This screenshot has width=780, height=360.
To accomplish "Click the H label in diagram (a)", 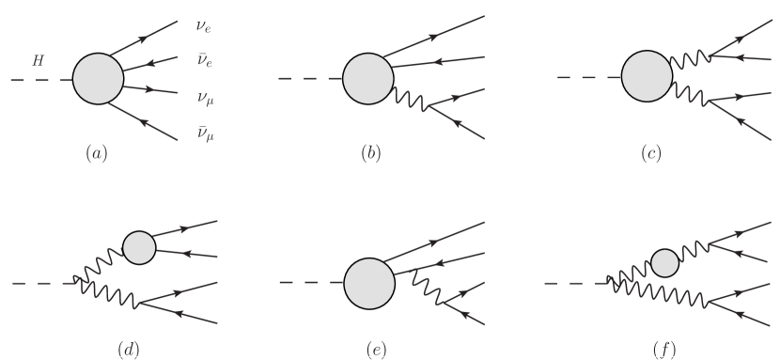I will click(x=38, y=62).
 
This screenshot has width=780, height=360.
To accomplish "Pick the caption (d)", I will click(x=128, y=350).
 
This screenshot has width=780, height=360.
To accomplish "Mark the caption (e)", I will click(x=376, y=350).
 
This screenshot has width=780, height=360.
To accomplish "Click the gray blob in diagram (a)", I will click(x=99, y=80).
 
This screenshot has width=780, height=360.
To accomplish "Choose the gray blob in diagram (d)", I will click(x=139, y=246).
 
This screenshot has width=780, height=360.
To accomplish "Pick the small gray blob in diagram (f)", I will click(x=664, y=262).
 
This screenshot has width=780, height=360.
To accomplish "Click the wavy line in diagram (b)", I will click(x=413, y=99).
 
